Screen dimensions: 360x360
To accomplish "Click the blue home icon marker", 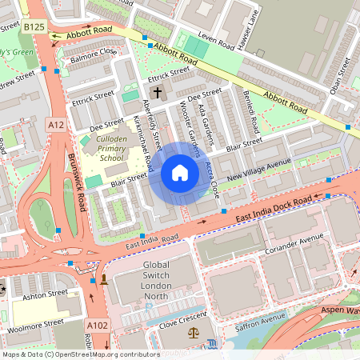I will pos(180,173).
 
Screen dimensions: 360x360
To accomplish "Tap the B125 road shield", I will pos(34,27).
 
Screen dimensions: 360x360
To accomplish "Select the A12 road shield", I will pos(55,125).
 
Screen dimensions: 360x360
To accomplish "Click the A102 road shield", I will pos(97,325).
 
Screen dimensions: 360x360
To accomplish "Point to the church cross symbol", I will pos(157,92).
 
